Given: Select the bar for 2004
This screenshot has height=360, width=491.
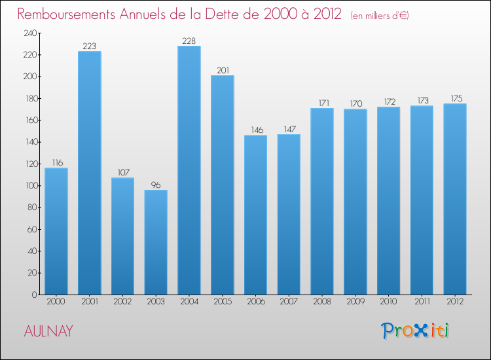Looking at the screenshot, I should tap(189, 170).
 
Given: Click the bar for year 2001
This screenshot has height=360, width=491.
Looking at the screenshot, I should tap(90, 173).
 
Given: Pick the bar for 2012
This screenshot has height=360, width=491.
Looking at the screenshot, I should tap(455, 199).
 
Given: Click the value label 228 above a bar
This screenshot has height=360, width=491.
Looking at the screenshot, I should tap(189, 41).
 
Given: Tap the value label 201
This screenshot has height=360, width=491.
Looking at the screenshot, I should tap(223, 71).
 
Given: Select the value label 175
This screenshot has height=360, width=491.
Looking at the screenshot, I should tap(455, 99).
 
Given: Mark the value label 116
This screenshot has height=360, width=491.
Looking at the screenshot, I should tap(56, 163).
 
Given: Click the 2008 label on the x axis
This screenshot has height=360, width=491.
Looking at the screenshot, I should tap(322, 302).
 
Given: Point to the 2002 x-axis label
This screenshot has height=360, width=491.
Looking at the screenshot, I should tap(122, 302).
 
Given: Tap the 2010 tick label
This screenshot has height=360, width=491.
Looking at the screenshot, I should tap(388, 302).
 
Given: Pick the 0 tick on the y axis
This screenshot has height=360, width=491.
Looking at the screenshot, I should tap(33, 295).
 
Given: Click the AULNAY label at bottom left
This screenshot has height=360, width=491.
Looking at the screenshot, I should tap(48, 331).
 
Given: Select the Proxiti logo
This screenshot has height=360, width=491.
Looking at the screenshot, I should tap(415, 331).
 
